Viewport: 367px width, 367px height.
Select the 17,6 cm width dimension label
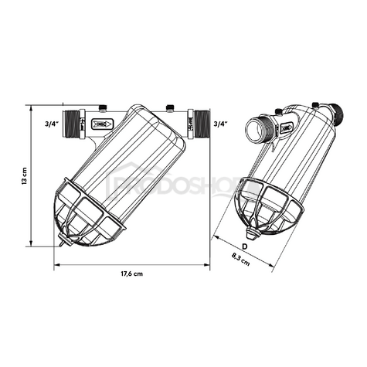pos(131,274)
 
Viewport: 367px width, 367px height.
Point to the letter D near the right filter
pos(244,246)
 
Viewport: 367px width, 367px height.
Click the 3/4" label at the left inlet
pos(52,122)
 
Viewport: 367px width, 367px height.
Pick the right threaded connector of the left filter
pos(202,121)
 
